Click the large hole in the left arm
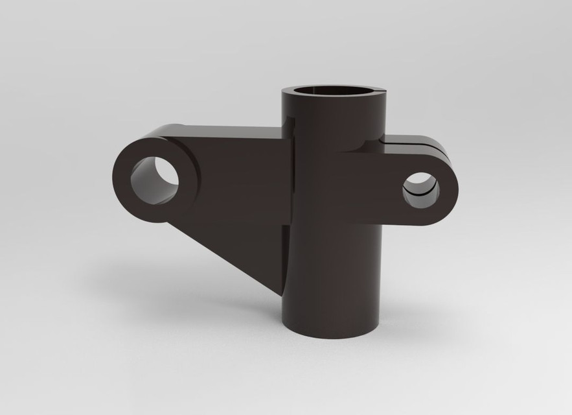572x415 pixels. (x=155, y=177)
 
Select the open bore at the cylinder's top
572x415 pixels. (x=334, y=90)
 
